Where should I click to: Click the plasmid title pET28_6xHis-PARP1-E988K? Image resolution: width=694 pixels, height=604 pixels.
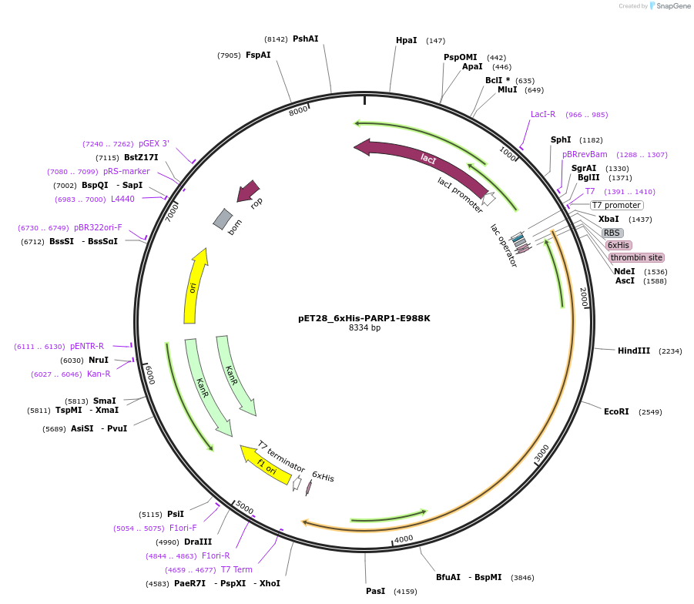(x=364, y=317)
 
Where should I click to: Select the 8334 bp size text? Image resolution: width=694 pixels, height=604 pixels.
(x=364, y=327)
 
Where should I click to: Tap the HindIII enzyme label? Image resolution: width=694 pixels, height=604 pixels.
(x=634, y=351)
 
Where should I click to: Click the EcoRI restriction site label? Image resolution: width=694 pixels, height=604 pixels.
(x=616, y=411)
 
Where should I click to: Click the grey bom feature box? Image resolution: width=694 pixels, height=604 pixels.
(x=223, y=220)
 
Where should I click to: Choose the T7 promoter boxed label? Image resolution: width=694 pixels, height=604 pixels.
(x=616, y=205)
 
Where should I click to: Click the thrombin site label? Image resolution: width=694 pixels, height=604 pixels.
(x=635, y=257)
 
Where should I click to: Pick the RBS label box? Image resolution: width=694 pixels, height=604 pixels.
(x=612, y=233)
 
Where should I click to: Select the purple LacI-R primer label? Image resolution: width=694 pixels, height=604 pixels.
(x=543, y=115)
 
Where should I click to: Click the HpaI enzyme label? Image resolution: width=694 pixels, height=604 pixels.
(x=406, y=41)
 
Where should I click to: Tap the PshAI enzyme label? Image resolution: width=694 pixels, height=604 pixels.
(x=305, y=39)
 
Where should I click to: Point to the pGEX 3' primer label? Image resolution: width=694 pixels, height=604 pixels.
(x=154, y=143)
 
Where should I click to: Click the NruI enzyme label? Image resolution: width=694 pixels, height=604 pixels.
(x=99, y=360)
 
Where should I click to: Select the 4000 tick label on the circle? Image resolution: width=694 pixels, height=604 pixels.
(x=404, y=539)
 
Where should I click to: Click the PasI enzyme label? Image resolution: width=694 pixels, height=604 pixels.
(x=375, y=591)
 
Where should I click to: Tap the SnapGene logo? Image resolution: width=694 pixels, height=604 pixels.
(x=667, y=6)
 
